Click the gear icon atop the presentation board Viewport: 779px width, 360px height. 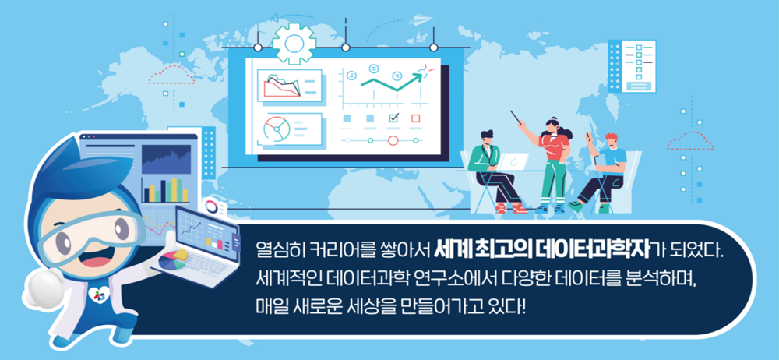coord(294,44)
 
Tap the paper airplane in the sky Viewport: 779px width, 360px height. coord(421,20)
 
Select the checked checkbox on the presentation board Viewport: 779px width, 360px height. coord(394,118)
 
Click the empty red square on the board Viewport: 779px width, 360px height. coord(416,118)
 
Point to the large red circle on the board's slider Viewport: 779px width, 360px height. coord(393,141)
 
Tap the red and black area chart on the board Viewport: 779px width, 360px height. coord(282,86)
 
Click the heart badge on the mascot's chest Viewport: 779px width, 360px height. coord(95,295)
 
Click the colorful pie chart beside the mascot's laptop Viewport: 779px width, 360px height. coord(172,259)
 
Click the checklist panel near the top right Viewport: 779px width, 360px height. coord(632,66)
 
